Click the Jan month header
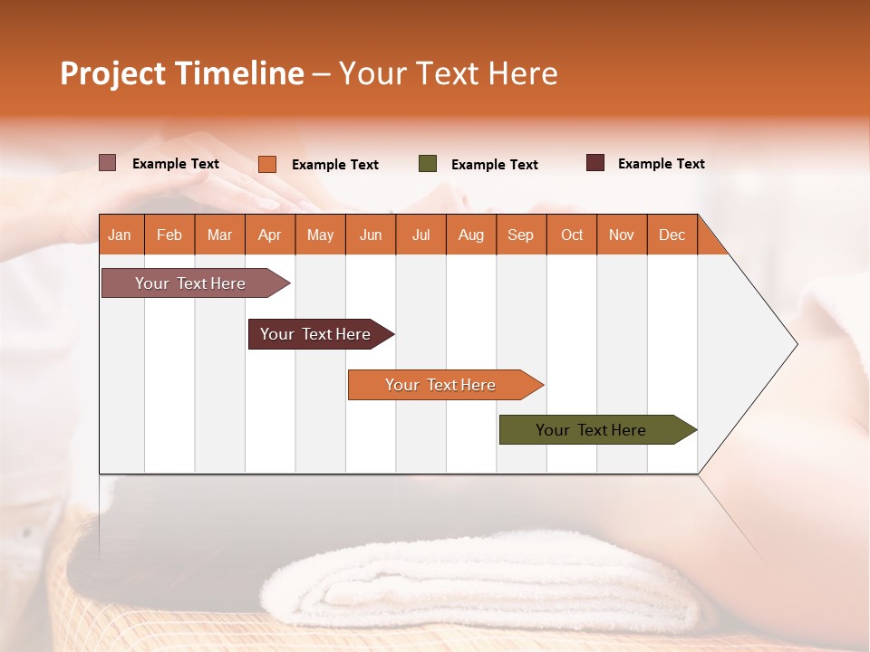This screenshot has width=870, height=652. [x=120, y=235]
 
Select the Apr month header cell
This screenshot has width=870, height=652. [x=269, y=235]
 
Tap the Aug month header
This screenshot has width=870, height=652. [x=470, y=235]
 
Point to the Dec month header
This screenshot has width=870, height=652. [x=672, y=235]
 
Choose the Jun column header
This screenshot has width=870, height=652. [x=371, y=235]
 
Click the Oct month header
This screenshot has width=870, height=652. [x=571, y=235]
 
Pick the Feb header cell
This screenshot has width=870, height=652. [x=169, y=235]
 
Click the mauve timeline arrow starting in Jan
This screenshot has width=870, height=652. [x=190, y=283]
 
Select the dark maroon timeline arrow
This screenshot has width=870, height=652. [x=315, y=334]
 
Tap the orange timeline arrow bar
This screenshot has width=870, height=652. [x=440, y=385]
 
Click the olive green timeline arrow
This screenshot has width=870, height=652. [x=591, y=430]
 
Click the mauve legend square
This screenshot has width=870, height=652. [x=107, y=163]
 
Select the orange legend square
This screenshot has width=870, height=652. [x=266, y=164]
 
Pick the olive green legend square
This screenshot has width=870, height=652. [x=428, y=164]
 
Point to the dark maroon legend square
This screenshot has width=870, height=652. [x=594, y=163]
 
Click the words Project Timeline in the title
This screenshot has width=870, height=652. [x=181, y=73]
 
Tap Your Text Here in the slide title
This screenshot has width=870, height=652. [x=448, y=73]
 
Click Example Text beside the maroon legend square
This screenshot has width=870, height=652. [x=661, y=164]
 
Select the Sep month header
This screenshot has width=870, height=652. [x=520, y=235]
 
